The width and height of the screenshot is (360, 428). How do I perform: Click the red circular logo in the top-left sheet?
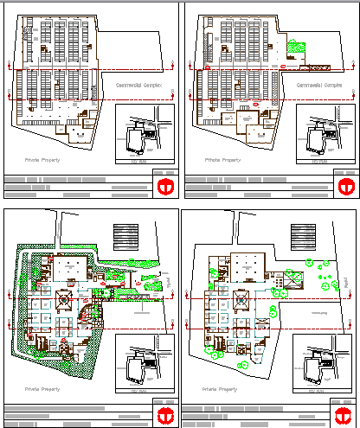click(x=164, y=186)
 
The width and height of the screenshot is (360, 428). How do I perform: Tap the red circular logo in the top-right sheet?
click(x=344, y=186)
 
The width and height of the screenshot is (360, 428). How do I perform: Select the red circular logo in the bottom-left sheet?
click(x=164, y=415)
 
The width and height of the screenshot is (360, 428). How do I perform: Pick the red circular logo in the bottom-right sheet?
click(x=344, y=415)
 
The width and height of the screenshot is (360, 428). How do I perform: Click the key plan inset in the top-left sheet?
click(x=144, y=135)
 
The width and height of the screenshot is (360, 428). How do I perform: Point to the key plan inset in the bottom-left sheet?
click(x=144, y=364)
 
